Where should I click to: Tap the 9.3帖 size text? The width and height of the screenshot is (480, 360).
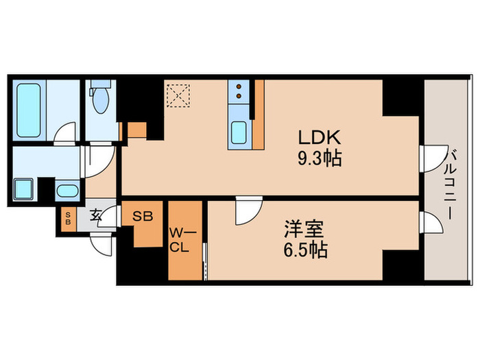coord(320,159)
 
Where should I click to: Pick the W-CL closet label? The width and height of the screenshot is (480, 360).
coord(179,241)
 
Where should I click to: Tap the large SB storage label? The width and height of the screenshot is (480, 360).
coord(143,216)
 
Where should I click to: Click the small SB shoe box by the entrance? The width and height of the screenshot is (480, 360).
coord(68,220)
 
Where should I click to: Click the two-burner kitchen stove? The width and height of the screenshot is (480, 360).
coord(239,92)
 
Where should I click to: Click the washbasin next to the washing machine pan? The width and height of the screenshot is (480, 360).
coord(66,191)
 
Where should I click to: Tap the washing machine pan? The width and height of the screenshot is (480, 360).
coord(25,189)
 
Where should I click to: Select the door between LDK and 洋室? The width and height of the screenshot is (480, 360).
coord(245,210)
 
